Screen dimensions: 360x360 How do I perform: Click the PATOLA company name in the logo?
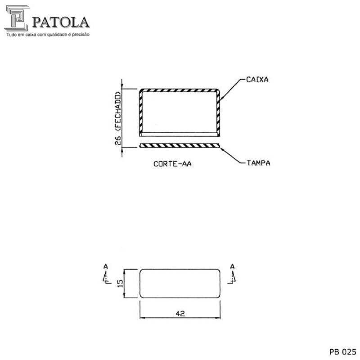click(60, 22)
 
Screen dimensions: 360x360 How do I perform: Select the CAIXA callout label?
click(257, 80)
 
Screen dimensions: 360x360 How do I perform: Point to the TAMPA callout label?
click(258, 162)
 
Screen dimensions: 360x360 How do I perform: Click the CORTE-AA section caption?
click(173, 164)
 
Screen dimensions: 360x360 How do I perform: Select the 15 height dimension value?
click(120, 283)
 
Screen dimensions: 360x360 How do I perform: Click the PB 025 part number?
click(343, 351)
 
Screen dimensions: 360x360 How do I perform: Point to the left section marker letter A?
click(105, 267)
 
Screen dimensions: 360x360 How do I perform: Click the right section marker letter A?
click(232, 267)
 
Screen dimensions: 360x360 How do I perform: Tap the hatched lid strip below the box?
click(180, 145)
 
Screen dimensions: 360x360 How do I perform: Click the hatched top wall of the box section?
click(180, 90)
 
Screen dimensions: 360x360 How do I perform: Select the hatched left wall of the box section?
click(140, 112)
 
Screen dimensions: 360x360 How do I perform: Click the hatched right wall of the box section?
click(219, 112)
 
